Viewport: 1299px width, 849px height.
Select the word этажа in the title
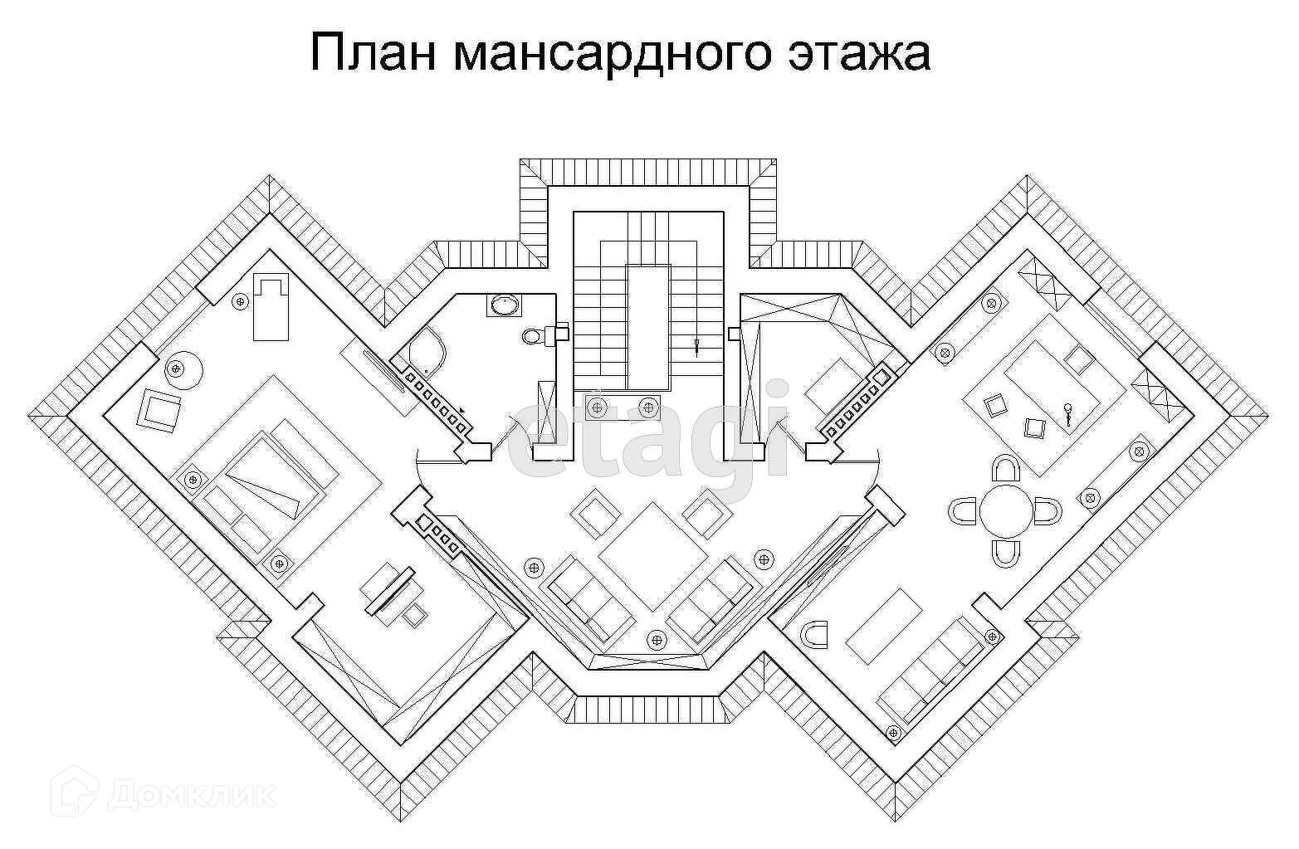click(x=856, y=54)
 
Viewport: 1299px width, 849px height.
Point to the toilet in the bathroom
click(x=533, y=335)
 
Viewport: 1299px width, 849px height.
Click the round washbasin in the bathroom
click(x=503, y=305)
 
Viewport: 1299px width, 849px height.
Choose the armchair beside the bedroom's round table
click(x=159, y=409)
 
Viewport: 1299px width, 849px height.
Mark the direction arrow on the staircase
click(x=697, y=346)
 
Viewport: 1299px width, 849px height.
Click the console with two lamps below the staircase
click(x=622, y=406)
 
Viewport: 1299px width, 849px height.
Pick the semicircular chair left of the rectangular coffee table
click(x=817, y=633)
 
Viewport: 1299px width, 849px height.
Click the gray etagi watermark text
click(x=652, y=440)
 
